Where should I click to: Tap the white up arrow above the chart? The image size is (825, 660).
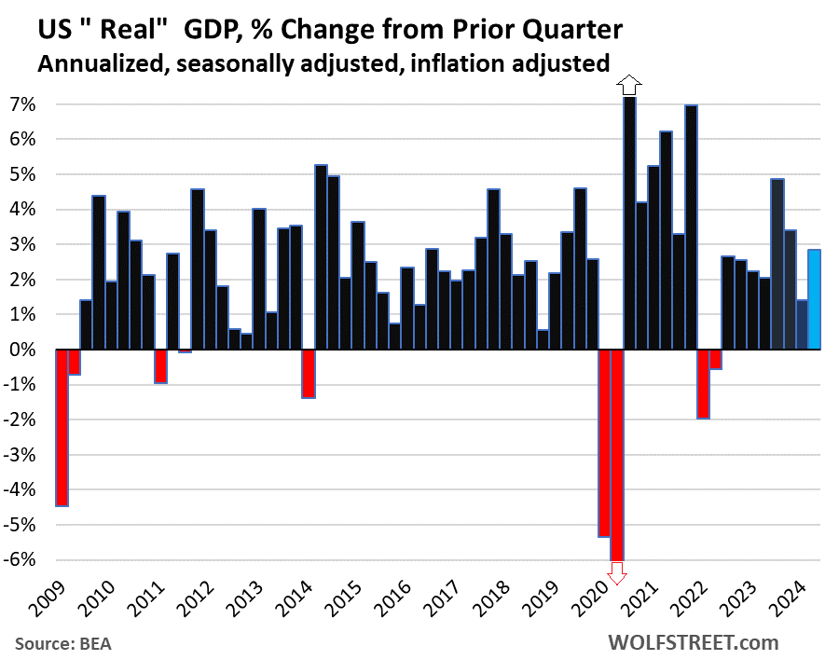[630, 86]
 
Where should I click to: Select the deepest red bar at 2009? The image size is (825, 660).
[62, 427]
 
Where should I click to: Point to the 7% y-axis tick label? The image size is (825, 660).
[24, 104]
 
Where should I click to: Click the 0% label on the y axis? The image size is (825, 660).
[24, 350]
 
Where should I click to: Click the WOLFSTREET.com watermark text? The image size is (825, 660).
[694, 642]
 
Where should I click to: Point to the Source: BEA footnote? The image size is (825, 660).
[64, 643]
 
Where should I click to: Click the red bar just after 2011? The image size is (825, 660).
[160, 365]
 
